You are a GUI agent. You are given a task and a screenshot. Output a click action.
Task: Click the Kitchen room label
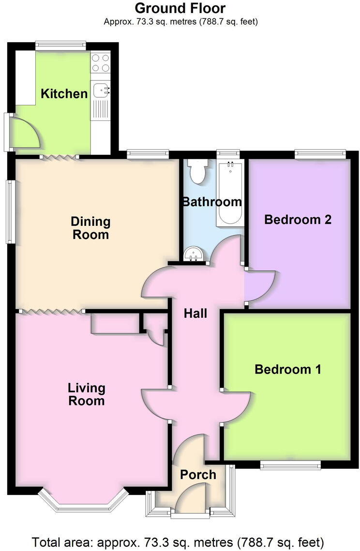(64, 93)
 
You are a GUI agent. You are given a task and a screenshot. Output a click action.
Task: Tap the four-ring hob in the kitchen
(101, 63)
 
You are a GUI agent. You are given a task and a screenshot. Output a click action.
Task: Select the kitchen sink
(101, 89)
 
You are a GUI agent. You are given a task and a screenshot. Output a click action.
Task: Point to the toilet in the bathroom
(198, 171)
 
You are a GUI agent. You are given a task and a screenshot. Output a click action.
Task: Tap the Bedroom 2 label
(298, 220)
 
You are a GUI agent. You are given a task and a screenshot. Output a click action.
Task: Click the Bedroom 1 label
(288, 370)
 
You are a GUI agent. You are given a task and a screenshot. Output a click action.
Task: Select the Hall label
(195, 313)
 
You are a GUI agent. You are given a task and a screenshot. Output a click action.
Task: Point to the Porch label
(198, 475)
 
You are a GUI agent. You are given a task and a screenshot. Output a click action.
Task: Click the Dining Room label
(90, 228)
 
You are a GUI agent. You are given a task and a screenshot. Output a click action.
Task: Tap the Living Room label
(87, 394)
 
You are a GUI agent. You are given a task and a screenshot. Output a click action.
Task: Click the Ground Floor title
(180, 8)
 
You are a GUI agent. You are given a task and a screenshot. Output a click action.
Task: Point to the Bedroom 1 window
(290, 465)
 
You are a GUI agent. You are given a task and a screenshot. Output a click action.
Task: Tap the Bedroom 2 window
(320, 155)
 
